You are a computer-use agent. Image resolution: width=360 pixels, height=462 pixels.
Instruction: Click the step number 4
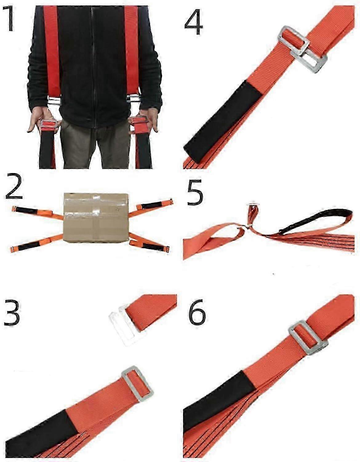(x=194, y=21)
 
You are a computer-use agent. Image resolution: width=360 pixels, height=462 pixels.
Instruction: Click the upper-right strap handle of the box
(x=155, y=205)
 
